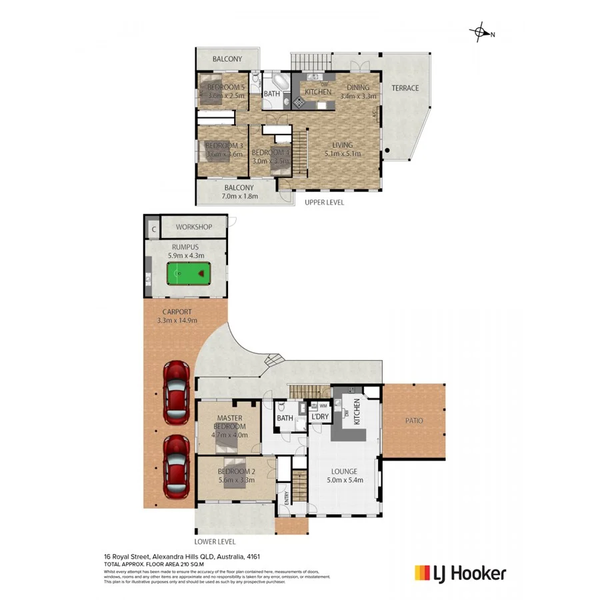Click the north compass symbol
(x=480, y=32)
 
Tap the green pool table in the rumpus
(x=187, y=273)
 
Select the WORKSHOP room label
(x=193, y=227)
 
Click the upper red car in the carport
(x=177, y=387)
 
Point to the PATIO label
(x=413, y=421)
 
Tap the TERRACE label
(x=405, y=88)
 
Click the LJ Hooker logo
(x=460, y=573)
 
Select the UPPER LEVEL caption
(x=324, y=202)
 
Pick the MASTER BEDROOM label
(x=229, y=422)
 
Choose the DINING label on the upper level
(x=358, y=87)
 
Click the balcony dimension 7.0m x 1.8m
(x=238, y=197)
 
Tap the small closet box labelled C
(x=153, y=229)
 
